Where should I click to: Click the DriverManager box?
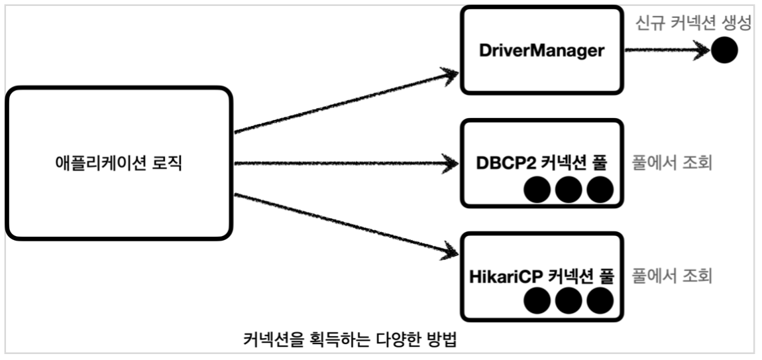click(542, 50)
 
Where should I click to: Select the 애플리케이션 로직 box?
click(119, 163)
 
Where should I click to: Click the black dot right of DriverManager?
click(724, 50)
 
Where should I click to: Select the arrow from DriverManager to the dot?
click(665, 50)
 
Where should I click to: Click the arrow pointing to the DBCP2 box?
click(345, 163)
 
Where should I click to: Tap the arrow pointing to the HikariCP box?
click(345, 223)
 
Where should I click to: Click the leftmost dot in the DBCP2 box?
click(537, 191)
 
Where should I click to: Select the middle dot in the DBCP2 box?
click(569, 191)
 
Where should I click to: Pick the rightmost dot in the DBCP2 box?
click(600, 191)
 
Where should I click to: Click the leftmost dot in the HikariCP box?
click(537, 302)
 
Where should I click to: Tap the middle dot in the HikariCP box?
click(569, 302)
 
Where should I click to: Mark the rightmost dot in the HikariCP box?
click(600, 302)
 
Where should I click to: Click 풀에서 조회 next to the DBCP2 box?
click(672, 163)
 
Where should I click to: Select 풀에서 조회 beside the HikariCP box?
click(672, 276)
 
